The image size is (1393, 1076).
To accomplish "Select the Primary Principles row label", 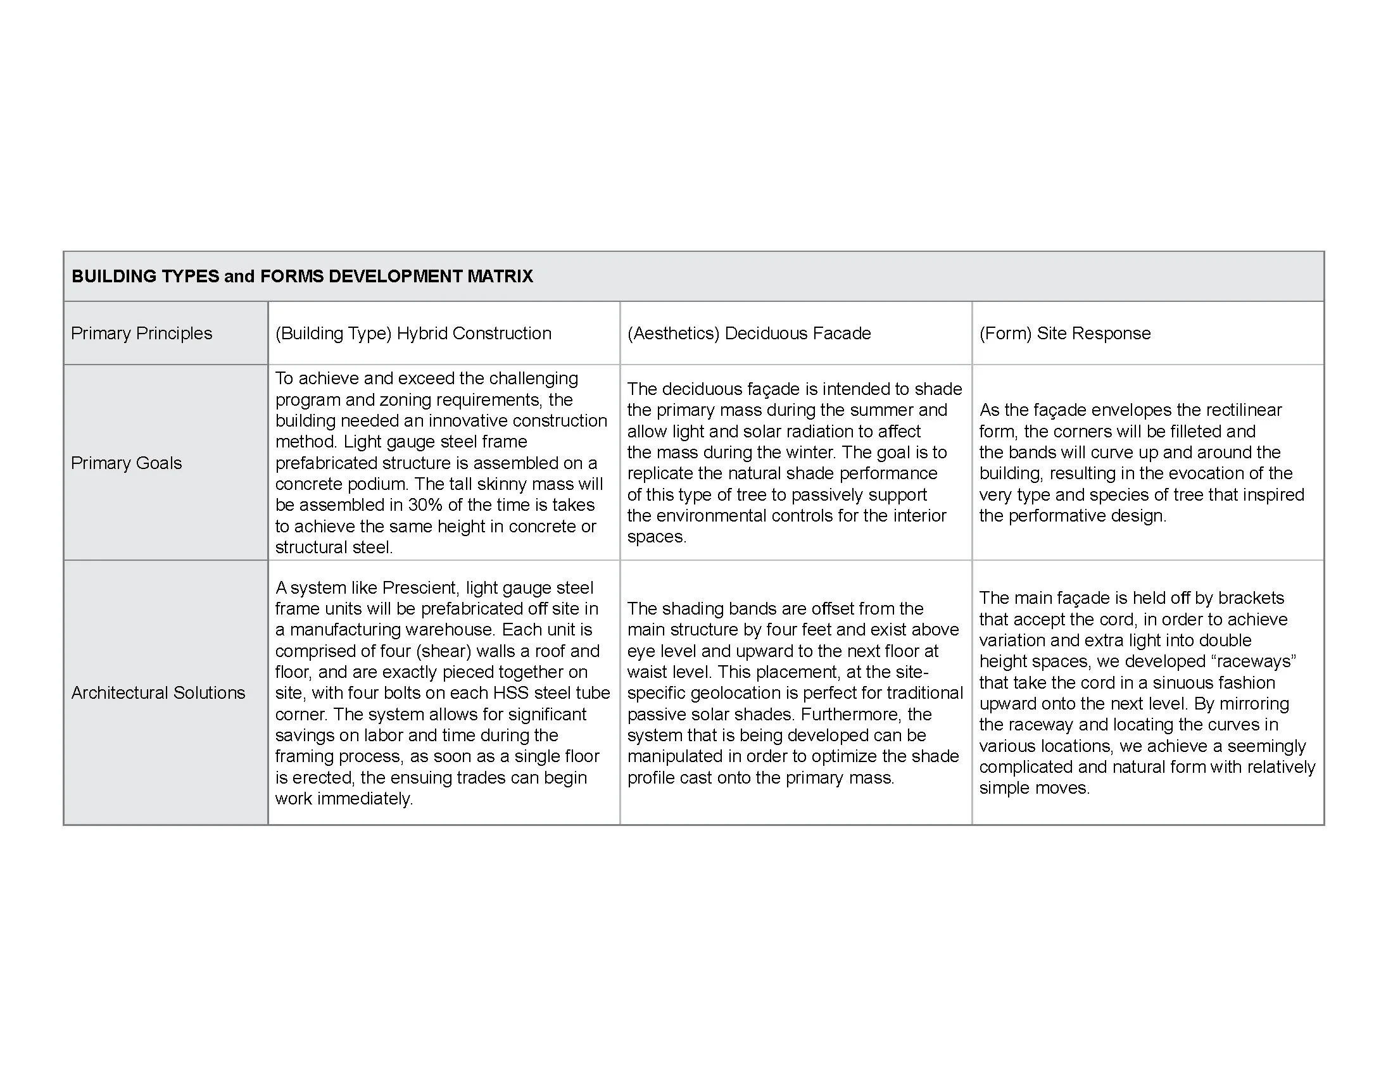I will click(x=141, y=333).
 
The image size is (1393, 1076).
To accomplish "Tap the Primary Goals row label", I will click(x=126, y=463).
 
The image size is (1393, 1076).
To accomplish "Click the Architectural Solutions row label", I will click(x=158, y=692).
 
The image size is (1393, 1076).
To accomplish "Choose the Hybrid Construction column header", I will click(x=473, y=333).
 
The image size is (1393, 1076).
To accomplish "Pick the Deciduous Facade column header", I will click(x=797, y=333).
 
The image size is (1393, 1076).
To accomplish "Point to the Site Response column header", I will click(x=1094, y=333).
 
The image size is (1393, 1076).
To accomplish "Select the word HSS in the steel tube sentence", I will click(x=507, y=693).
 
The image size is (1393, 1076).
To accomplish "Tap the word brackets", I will click(x=1251, y=598).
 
